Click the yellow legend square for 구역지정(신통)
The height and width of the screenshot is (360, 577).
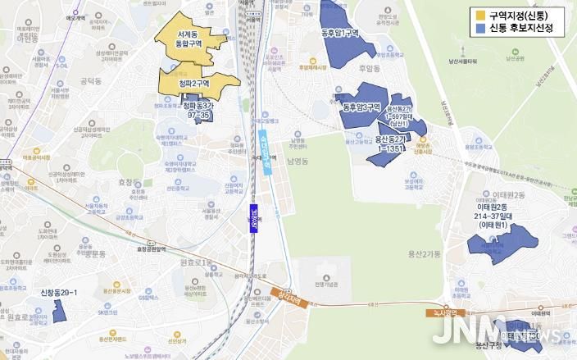tap(479, 16)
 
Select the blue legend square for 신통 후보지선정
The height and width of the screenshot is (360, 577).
tap(479, 29)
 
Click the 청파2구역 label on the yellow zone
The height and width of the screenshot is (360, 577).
tap(195, 83)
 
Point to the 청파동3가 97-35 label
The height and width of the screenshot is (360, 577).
tap(198, 111)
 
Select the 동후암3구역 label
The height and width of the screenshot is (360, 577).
tap(361, 107)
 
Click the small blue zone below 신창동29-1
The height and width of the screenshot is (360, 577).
tap(60, 311)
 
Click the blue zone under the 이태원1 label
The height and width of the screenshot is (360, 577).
tap(490, 245)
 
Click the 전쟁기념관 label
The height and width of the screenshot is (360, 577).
tap(331, 285)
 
